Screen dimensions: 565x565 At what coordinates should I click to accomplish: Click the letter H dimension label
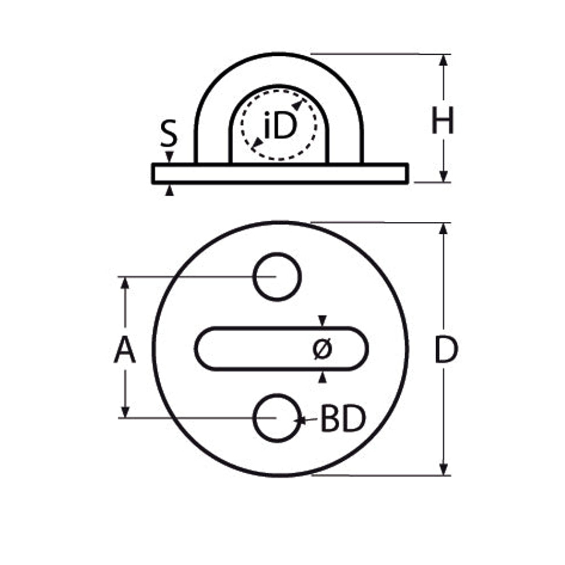point(442,120)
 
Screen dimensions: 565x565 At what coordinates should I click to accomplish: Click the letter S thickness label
point(169,133)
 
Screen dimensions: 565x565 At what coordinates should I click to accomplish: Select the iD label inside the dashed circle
point(280,125)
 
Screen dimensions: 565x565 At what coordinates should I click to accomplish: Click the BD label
point(343,418)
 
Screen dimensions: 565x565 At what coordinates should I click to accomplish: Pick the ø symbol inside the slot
point(322,348)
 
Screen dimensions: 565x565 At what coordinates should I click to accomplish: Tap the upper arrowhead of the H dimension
point(444,60)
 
